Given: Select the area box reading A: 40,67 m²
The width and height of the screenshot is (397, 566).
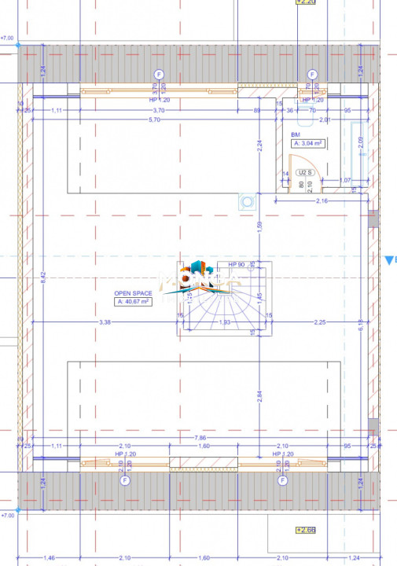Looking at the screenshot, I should coord(132,301).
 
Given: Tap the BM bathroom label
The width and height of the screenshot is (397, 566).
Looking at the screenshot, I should coord(296,135).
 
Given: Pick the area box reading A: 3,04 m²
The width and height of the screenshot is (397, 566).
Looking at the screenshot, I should coord(309,144).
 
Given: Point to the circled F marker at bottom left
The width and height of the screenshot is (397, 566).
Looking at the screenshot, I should coord(124,482).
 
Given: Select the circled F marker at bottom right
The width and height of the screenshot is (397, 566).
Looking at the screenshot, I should coord(280,482).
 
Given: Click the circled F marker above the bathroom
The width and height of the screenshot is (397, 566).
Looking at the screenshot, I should coord(312,75).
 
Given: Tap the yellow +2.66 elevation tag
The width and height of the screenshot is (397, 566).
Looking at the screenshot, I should coord(305,552).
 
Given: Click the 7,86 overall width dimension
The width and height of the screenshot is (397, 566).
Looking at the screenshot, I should coord(203,437).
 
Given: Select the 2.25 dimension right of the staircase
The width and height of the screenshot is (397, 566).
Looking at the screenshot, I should coord(319,322).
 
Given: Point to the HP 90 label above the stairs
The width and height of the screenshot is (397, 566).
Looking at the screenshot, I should coord(237,265).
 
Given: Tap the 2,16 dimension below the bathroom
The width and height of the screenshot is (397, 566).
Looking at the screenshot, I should coord(322,202).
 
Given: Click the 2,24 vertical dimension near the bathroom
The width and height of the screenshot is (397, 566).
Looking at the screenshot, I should coord(259,144).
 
